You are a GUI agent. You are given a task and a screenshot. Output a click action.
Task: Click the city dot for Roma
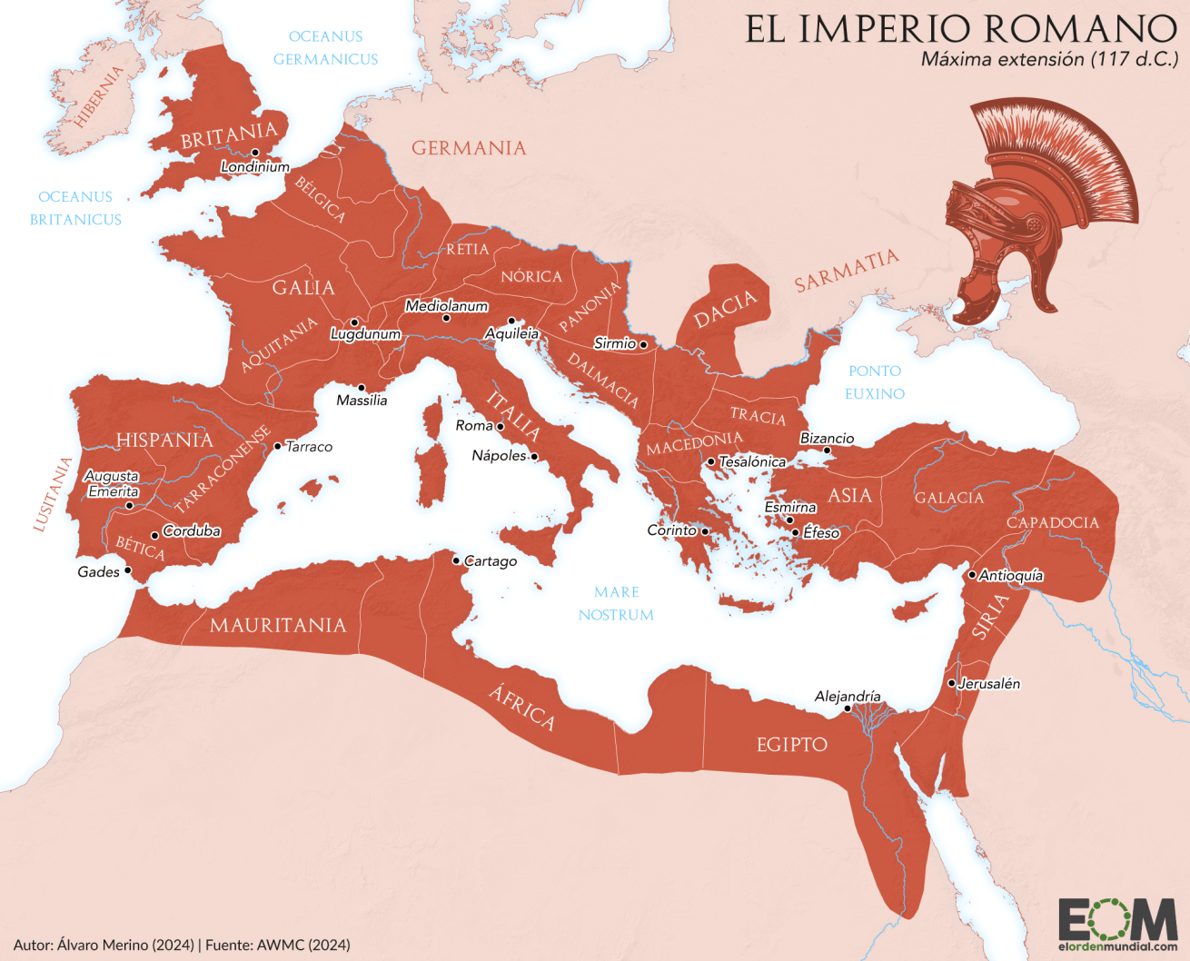click(x=500, y=426)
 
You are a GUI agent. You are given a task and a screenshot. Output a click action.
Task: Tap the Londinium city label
click(x=255, y=167)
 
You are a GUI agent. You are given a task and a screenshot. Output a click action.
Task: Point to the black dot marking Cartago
click(x=456, y=560)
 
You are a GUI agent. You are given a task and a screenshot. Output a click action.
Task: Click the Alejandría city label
click(x=848, y=697)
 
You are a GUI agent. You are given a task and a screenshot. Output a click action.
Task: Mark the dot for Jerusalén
click(x=951, y=683)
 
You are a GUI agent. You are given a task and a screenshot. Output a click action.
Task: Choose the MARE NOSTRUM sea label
click(x=616, y=603)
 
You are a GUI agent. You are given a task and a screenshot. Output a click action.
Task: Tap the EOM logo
click(x=1117, y=925)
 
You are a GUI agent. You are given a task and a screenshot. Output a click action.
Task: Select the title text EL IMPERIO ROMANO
click(x=961, y=29)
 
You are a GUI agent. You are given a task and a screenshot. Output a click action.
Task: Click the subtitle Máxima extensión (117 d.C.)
click(x=1049, y=60)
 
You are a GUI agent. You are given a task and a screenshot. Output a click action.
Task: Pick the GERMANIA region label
click(x=469, y=148)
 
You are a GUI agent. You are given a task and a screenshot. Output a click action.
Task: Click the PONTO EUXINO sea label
click(x=875, y=382)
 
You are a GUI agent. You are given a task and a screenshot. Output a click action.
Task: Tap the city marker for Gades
click(x=128, y=570)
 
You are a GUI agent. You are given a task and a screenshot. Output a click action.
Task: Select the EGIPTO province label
click(x=792, y=745)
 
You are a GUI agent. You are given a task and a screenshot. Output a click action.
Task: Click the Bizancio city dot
click(x=827, y=451)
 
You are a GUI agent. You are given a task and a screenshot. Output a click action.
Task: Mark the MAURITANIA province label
click(x=278, y=625)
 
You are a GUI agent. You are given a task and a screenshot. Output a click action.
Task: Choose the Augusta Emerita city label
click(x=112, y=483)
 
